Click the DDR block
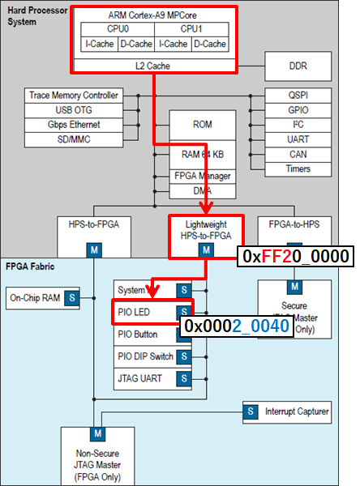(x=298, y=65)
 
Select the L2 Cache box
(x=154, y=66)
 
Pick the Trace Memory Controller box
(x=74, y=96)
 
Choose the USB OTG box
(x=74, y=110)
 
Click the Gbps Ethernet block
(x=74, y=125)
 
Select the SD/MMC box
(x=74, y=139)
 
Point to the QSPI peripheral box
(x=298, y=96)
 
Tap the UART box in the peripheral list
(x=298, y=139)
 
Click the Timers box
(x=298, y=169)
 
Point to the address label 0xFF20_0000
(x=295, y=256)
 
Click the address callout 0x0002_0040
(x=236, y=325)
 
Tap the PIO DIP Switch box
(x=147, y=356)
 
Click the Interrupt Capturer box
(x=296, y=412)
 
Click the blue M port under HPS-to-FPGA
(x=95, y=250)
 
